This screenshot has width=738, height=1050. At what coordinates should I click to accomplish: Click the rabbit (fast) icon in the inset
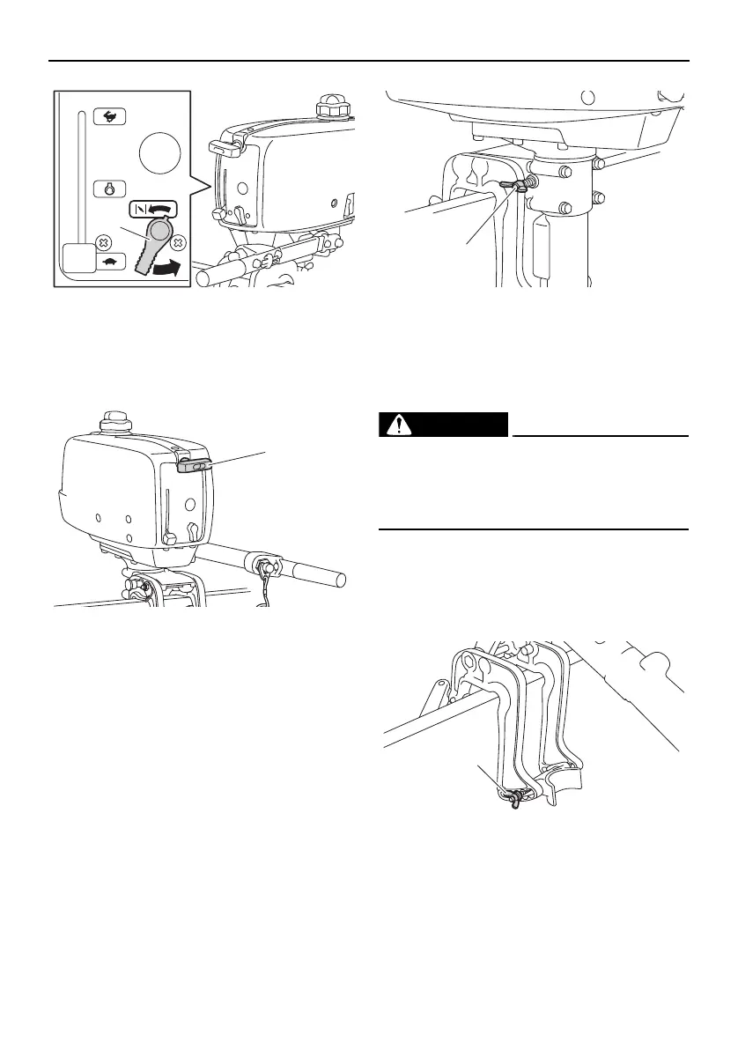[x=115, y=115]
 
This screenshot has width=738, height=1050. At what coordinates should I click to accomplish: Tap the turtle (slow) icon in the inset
[x=115, y=261]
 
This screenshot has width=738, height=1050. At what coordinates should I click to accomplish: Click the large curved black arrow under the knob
[x=170, y=271]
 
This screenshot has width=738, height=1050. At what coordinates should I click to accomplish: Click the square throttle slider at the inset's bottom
[x=77, y=262]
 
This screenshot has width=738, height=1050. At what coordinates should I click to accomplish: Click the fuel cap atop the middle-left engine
[x=114, y=421]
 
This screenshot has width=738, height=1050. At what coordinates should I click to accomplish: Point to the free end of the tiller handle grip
[x=339, y=581]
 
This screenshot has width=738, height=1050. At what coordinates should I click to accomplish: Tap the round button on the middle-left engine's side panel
[x=190, y=507]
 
